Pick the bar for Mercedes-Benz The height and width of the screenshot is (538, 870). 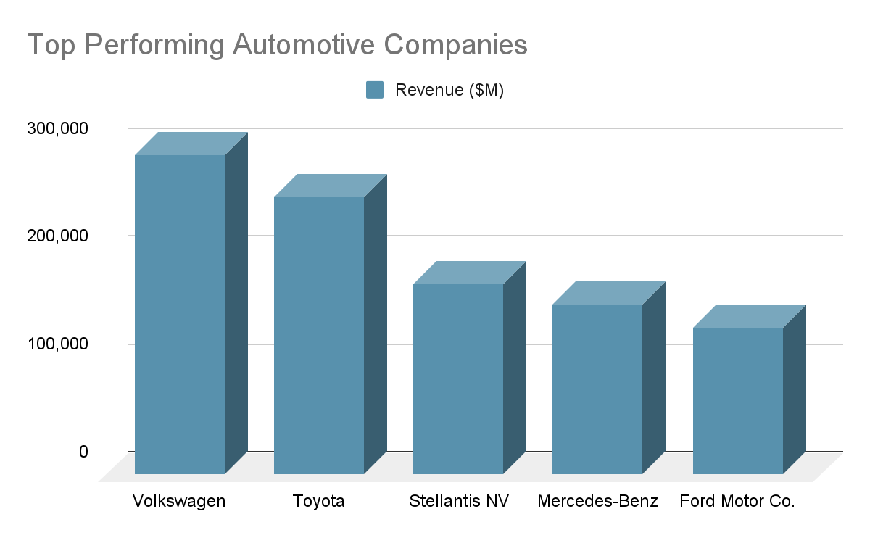click(597, 389)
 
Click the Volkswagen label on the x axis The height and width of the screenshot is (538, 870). click(179, 502)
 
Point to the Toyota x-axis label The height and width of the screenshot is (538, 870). click(318, 502)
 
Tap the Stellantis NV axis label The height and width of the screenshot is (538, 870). click(459, 502)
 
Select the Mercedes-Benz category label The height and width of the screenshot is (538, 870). click(598, 502)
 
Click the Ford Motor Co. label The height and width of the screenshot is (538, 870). click(737, 502)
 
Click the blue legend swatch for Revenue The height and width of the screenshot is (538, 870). click(375, 90)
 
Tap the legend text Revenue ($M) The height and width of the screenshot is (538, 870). click(449, 90)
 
